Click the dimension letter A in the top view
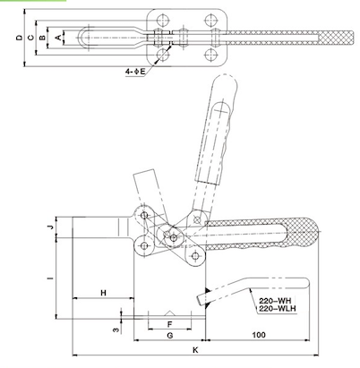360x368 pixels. [59, 38]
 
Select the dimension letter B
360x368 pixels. [45, 38]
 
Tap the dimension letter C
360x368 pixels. [31, 38]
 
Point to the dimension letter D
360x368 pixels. [19, 38]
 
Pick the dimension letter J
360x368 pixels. [50, 227]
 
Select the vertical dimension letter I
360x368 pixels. [50, 278]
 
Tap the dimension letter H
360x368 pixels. [103, 293]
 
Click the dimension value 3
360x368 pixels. [115, 329]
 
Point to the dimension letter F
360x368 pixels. [169, 321]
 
